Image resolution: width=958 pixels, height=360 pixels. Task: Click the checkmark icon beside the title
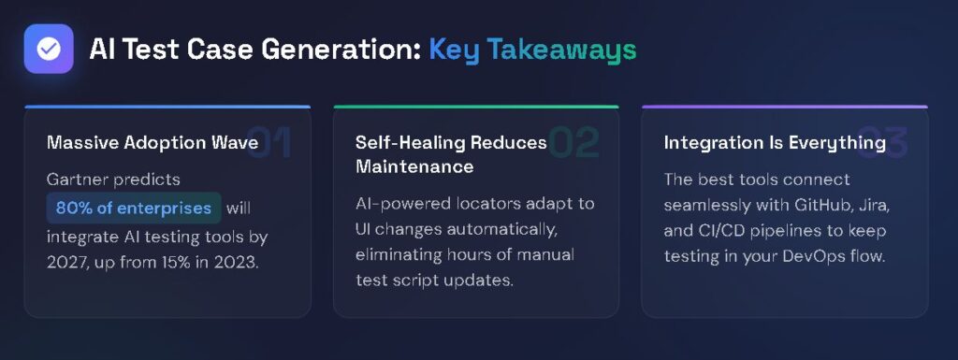click(x=49, y=49)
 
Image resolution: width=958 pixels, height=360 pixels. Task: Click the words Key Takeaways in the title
click(x=532, y=50)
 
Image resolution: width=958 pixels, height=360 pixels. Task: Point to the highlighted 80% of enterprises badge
click(x=134, y=207)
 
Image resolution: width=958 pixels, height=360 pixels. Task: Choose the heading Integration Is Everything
click(x=775, y=143)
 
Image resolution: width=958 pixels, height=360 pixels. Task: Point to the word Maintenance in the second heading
click(x=414, y=167)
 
